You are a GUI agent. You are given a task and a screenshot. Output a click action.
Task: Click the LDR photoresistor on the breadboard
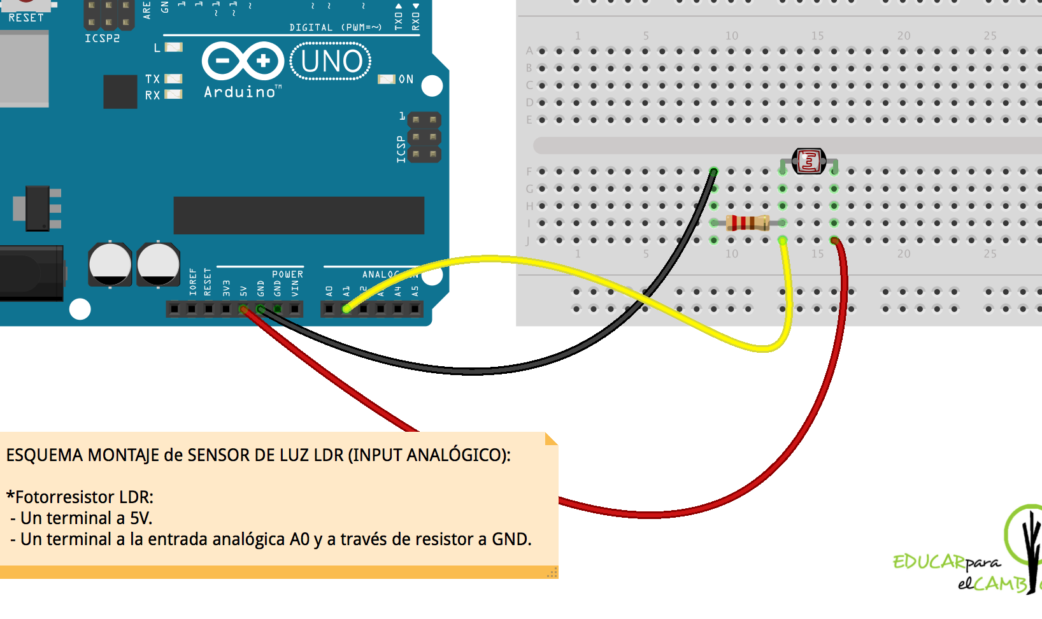point(809,161)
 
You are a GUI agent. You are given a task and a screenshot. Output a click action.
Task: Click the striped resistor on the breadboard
point(748,223)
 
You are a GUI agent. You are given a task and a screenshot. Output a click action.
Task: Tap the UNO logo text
point(331,62)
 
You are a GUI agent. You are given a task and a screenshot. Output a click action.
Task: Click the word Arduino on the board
point(239,92)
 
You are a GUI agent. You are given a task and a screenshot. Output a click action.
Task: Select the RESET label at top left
point(26,18)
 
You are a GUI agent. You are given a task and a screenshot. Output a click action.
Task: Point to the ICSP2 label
point(102,38)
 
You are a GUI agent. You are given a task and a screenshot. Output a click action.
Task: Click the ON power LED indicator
point(387,80)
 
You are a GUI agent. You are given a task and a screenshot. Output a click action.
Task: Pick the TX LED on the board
point(173,79)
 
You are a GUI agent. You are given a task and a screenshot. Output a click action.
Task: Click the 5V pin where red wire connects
point(243,309)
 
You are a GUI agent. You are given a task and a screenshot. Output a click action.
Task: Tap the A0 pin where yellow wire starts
point(346,309)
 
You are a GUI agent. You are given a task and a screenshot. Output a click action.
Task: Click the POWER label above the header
point(287,274)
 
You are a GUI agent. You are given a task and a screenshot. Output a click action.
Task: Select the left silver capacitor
point(110,264)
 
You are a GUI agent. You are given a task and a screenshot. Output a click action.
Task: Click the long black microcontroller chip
point(299,215)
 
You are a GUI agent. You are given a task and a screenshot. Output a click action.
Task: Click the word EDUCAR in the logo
point(929,562)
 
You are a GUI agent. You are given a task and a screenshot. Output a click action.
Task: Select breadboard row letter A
point(529,51)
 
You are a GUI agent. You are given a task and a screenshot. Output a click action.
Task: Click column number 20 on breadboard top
point(903,36)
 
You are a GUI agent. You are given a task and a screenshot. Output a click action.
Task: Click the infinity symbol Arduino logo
point(243,62)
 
